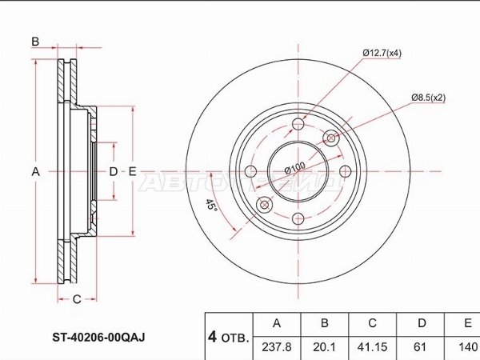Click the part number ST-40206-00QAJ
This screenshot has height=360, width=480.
98,337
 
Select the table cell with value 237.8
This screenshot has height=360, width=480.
277,347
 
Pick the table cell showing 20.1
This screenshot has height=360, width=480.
324,347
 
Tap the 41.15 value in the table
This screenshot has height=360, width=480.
372,347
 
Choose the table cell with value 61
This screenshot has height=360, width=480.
420,347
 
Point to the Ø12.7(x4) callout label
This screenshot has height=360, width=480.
382,53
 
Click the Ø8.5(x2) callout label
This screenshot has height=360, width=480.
428,98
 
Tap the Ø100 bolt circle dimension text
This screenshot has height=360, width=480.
294,168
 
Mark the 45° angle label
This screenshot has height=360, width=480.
210,204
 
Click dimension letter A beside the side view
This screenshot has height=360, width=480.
36,172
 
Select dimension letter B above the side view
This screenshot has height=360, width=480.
35,42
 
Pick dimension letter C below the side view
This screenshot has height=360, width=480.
77,299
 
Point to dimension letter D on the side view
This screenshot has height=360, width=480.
114,171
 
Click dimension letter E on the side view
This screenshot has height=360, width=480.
132,171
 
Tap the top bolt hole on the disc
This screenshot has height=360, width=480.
298,124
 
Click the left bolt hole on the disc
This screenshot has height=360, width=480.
251,171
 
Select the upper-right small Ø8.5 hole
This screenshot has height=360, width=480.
331,138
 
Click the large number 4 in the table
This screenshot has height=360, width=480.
212,338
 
